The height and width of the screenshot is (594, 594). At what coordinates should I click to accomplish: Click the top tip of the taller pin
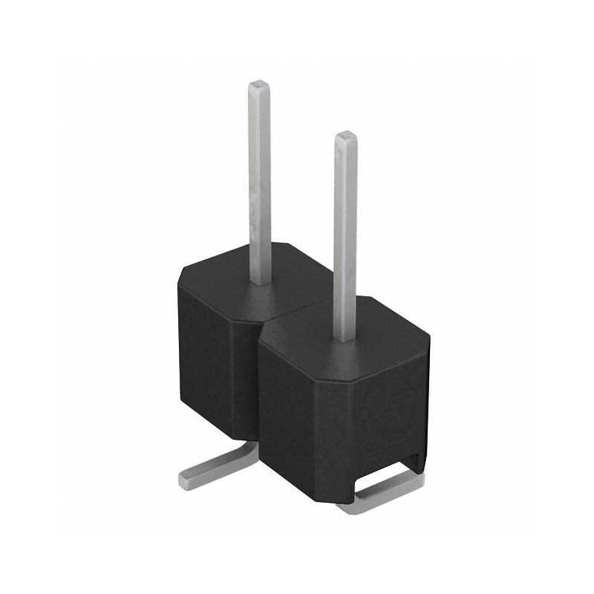[x=258, y=84]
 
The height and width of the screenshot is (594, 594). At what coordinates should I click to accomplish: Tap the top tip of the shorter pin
[x=345, y=137]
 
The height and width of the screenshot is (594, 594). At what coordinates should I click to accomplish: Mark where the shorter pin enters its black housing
[x=345, y=339]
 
